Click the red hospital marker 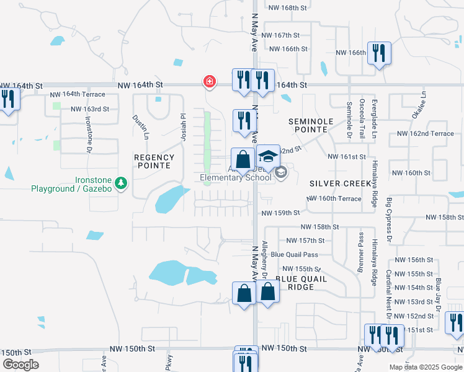(x=210, y=81)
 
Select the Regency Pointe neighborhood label (x=154, y=162)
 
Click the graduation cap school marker (x=269, y=156)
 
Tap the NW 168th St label (x=288, y=7)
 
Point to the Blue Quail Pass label (x=294, y=254)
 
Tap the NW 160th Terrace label (x=334, y=198)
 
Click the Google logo (x=21, y=365)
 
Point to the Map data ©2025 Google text (x=425, y=367)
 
